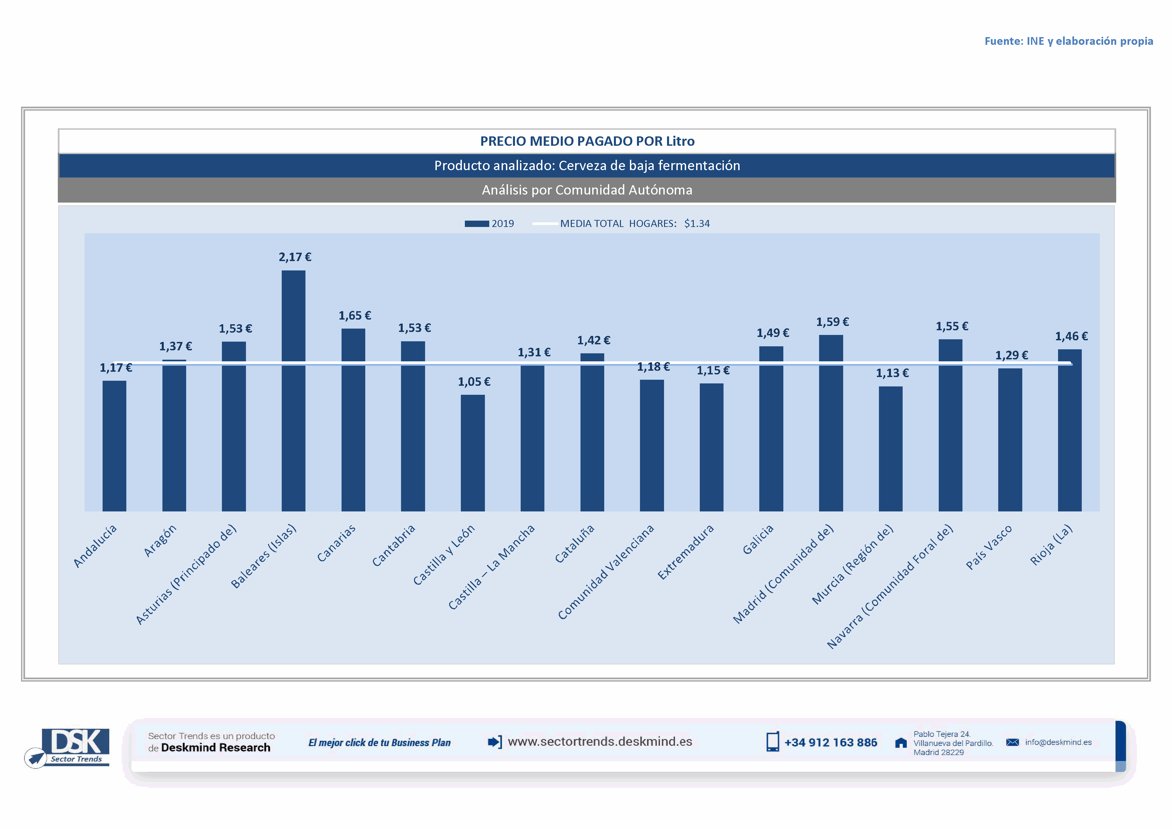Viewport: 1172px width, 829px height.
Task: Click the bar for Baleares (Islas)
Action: (293, 390)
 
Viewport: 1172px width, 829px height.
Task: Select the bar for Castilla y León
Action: (473, 453)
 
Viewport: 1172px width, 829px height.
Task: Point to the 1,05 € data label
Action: (474, 382)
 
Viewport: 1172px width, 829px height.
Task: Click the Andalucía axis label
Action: (96, 546)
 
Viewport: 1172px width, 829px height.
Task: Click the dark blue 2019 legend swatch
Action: (476, 224)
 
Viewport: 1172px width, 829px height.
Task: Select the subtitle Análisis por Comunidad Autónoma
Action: (587, 190)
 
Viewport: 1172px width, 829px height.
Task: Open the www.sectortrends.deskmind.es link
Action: (600, 742)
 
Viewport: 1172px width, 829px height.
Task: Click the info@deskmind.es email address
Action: (1058, 742)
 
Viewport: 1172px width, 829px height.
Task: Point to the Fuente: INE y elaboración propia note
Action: (1068, 41)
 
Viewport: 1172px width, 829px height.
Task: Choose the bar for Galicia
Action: (771, 429)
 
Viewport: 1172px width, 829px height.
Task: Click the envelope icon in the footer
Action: (1012, 742)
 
